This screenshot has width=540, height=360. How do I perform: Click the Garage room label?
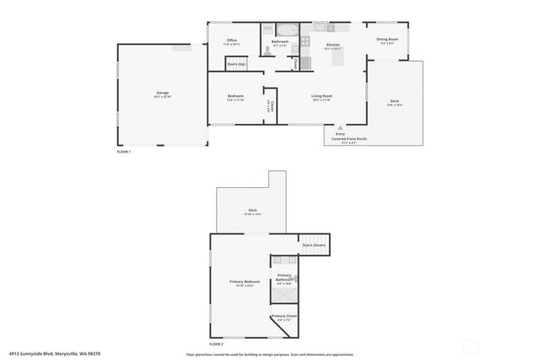coord(163,94)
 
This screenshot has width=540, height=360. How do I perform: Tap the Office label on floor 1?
coord(230,40)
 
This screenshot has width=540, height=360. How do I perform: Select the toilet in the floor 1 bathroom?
coord(267,51)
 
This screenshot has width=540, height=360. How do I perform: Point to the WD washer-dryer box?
coord(267,29)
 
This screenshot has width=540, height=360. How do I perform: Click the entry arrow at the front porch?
coord(341,127)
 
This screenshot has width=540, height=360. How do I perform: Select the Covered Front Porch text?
coord(343,139)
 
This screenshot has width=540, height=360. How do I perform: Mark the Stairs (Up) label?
coord(236,63)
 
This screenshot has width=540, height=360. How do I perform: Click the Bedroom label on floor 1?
coord(235,96)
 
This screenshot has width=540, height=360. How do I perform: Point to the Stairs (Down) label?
coord(314,244)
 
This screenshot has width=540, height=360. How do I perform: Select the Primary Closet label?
coord(283,316)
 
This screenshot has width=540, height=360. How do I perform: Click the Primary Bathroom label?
coord(284,277)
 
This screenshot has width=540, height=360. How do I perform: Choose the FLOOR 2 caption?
coord(216,343)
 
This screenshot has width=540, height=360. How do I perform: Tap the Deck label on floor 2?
coord(252,210)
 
